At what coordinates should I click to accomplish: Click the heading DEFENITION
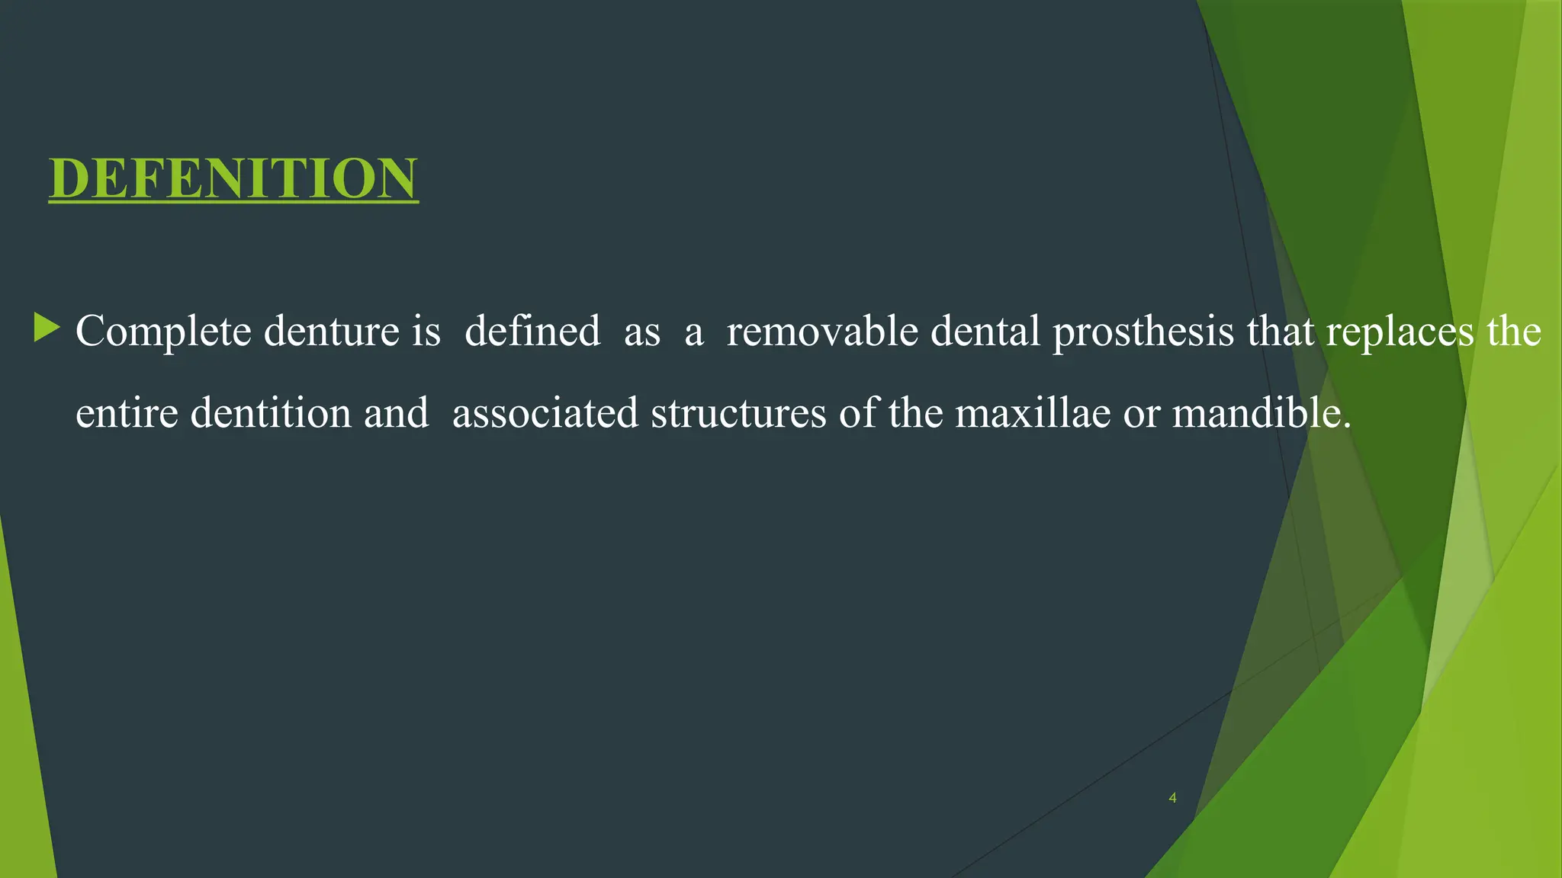pyautogui.click(x=233, y=178)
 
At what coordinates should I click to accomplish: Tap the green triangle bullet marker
pyautogui.click(x=47, y=328)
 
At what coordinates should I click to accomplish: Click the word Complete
pyautogui.click(x=163, y=332)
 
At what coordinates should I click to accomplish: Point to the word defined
pyautogui.click(x=532, y=332)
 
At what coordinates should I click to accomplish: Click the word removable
pyautogui.click(x=822, y=332)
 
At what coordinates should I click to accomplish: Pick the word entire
pyautogui.click(x=127, y=414)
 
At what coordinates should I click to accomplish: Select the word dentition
pyautogui.click(x=271, y=414)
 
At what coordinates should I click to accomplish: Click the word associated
pyautogui.click(x=545, y=414)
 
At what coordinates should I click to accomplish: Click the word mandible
pyautogui.click(x=1261, y=414)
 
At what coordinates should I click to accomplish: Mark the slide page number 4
pyautogui.click(x=1172, y=798)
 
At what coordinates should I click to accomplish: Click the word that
pyautogui.click(x=1281, y=332)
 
